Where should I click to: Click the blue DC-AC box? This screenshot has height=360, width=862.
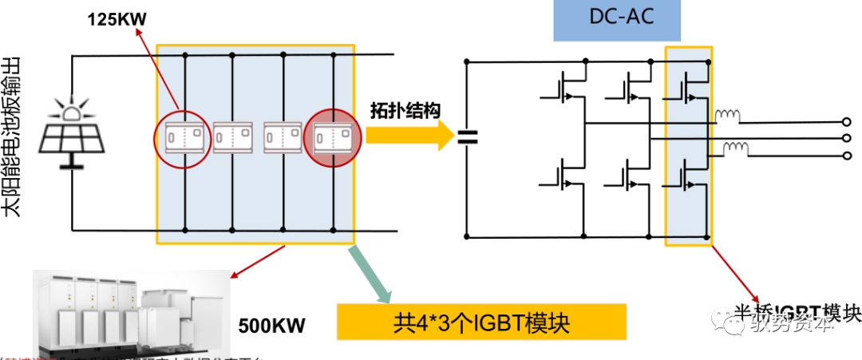(617, 20)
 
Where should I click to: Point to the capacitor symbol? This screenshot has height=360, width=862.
(466, 139)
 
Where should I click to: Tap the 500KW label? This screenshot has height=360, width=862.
(271, 327)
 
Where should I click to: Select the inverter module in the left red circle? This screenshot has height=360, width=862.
(184, 137)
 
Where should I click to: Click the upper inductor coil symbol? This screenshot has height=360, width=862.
(727, 118)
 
